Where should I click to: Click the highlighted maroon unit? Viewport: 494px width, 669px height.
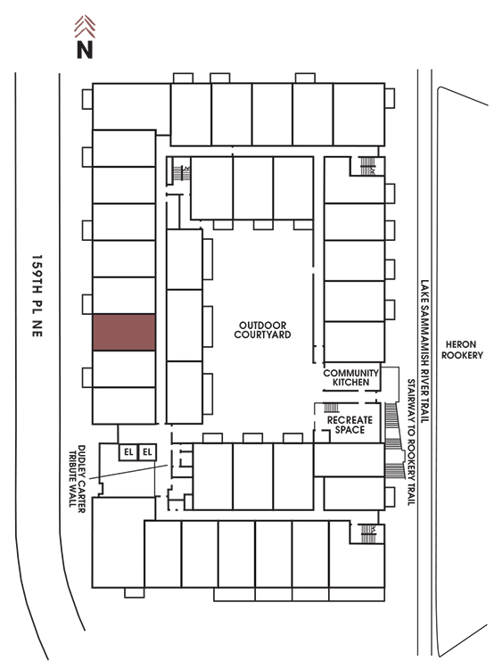click(x=124, y=333)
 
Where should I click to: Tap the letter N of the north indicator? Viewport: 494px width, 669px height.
click(x=85, y=49)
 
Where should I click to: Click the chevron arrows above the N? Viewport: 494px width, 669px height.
click(x=85, y=26)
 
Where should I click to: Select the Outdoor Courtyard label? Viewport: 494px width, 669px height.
click(x=262, y=330)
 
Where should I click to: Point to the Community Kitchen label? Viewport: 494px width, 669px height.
click(x=351, y=377)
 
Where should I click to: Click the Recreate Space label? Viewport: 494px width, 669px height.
click(x=350, y=425)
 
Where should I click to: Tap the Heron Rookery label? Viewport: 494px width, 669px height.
click(x=462, y=350)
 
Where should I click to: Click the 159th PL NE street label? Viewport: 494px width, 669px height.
click(x=37, y=296)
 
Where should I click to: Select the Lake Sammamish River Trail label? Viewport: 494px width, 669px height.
click(x=424, y=351)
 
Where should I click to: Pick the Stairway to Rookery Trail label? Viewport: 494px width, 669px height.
click(x=411, y=442)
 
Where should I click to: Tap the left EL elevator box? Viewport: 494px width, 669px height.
click(x=128, y=452)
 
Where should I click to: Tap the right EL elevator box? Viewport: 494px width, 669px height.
click(x=147, y=452)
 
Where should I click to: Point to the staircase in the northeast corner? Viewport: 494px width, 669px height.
click(x=366, y=166)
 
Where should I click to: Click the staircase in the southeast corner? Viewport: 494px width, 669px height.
click(x=367, y=533)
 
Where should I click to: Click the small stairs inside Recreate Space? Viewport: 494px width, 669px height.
click(x=332, y=408)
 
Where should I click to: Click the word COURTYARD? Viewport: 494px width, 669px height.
click(x=262, y=334)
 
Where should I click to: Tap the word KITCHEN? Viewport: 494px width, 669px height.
click(x=350, y=383)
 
